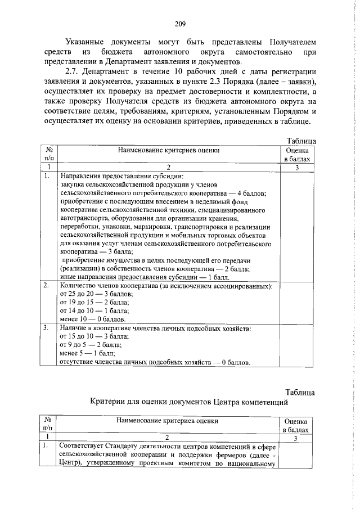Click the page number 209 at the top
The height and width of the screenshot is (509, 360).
coord(180,24)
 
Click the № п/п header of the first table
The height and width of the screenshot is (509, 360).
coord(49,155)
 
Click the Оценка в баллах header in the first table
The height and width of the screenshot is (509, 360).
coord(296,155)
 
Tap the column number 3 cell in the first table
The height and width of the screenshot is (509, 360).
coord(296,167)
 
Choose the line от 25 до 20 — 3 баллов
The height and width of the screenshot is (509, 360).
coord(96,295)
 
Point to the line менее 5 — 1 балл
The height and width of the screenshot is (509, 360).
coord(87,353)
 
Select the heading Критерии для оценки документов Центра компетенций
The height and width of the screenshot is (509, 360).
coord(189,402)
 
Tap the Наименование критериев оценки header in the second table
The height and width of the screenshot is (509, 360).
coord(168,420)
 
